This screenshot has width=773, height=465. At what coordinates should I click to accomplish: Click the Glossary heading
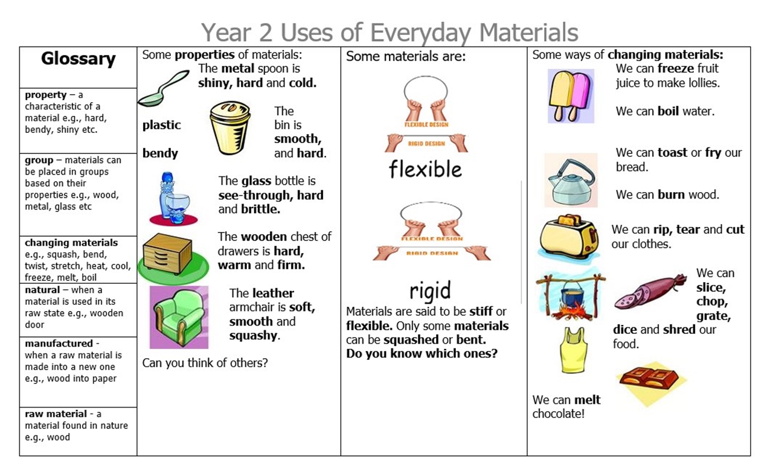(78, 59)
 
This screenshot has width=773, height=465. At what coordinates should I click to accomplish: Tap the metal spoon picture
(164, 88)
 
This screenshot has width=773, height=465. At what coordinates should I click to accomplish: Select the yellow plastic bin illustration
(230, 127)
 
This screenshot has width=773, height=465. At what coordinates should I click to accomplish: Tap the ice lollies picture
(571, 96)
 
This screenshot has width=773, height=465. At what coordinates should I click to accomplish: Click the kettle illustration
(571, 181)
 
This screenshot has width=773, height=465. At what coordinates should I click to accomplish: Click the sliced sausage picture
(650, 292)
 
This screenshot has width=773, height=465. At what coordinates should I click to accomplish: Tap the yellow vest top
(573, 350)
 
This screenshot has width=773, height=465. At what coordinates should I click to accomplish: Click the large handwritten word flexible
(425, 169)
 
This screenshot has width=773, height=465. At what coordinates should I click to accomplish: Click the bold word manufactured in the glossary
(59, 344)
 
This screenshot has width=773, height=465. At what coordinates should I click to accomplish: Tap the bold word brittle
(260, 209)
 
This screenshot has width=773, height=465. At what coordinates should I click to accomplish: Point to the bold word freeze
(676, 68)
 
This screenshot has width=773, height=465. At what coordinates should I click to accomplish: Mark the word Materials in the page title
(528, 32)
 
